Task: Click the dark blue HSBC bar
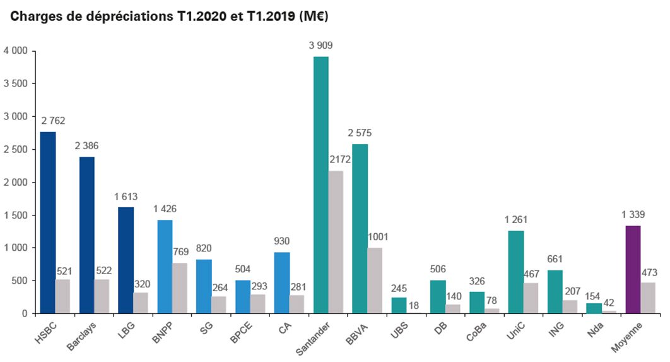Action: (x=47, y=222)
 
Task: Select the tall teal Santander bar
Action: (x=320, y=185)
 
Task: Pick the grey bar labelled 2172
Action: (x=336, y=242)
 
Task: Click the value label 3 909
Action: (x=320, y=45)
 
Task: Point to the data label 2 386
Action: (x=86, y=146)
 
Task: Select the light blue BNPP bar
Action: (x=165, y=267)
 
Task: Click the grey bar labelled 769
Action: (x=180, y=288)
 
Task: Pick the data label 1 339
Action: (x=633, y=215)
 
